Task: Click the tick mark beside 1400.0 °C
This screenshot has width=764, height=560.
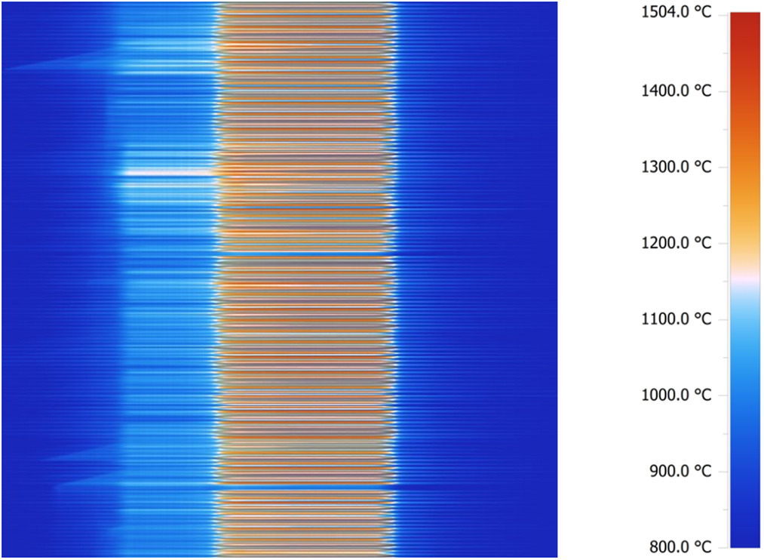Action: click(x=726, y=91)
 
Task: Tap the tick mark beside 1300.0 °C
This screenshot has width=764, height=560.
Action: click(x=726, y=167)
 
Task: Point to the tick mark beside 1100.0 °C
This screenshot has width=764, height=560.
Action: click(x=726, y=319)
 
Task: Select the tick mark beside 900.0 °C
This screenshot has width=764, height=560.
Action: click(x=726, y=471)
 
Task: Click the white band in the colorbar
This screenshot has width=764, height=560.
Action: click(x=745, y=278)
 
